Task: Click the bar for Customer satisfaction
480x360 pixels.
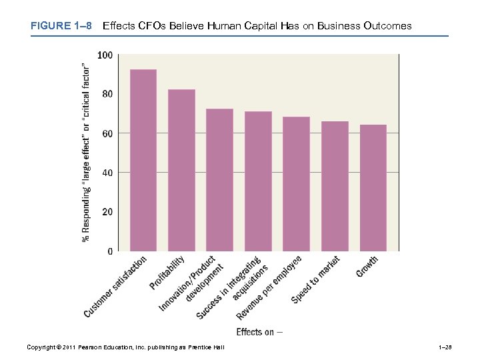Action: click(143, 160)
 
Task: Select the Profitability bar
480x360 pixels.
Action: click(181, 170)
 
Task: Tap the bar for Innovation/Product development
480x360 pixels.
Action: click(220, 179)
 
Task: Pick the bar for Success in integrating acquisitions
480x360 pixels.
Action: click(258, 181)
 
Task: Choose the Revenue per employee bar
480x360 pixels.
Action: click(297, 183)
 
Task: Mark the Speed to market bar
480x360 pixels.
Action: click(335, 186)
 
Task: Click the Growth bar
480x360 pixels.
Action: click(373, 187)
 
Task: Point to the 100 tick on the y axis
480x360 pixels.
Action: click(105, 55)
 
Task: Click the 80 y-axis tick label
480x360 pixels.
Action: click(107, 94)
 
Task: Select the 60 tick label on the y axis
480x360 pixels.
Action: click(107, 133)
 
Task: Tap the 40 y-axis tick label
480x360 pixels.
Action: click(107, 173)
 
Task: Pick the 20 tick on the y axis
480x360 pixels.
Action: click(107, 212)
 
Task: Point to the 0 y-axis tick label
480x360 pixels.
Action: click(109, 251)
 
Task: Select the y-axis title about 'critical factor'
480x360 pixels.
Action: click(86, 153)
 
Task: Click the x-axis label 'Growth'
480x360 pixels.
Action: click(367, 267)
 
